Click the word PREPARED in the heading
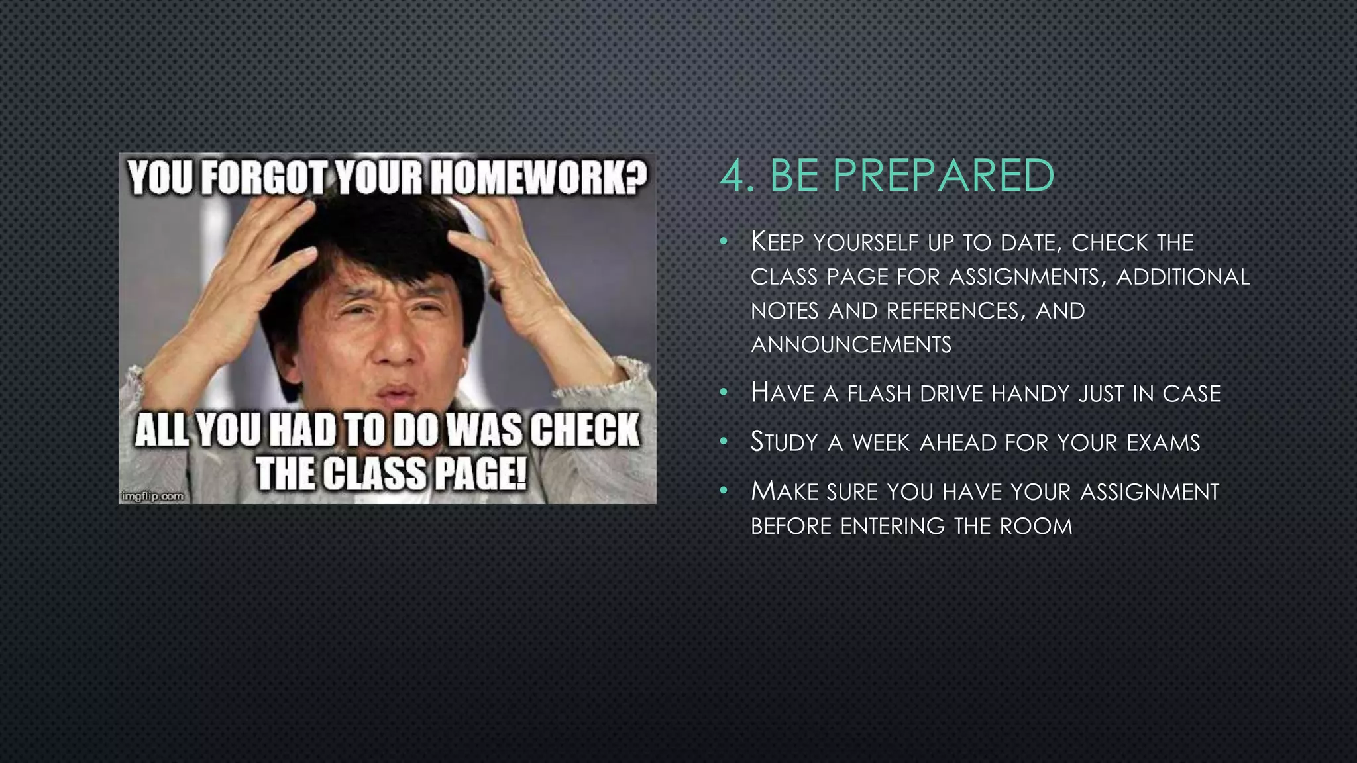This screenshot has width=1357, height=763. pyautogui.click(x=944, y=176)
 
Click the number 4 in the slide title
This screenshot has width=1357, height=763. pyautogui.click(x=733, y=177)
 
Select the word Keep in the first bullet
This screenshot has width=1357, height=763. pyautogui.click(x=777, y=243)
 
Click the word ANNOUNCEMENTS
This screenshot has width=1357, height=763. pyautogui.click(x=851, y=345)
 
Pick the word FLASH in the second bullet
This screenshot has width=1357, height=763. pyautogui.click(x=879, y=394)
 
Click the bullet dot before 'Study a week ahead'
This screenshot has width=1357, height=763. pyautogui.click(x=724, y=442)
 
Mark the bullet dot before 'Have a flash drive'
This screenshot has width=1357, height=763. pyautogui.click(x=724, y=393)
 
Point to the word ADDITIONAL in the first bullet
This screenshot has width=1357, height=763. pyautogui.click(x=1183, y=277)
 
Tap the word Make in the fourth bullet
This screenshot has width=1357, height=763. pyautogui.click(x=785, y=492)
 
